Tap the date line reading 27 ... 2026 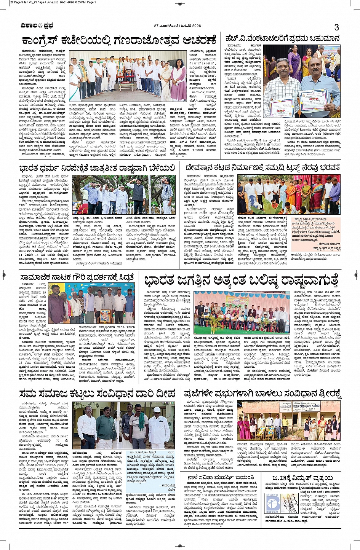tap(177, 26)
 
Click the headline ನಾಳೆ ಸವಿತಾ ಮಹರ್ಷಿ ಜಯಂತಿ tap(221, 478)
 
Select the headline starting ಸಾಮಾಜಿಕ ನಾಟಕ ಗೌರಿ tap(77, 277)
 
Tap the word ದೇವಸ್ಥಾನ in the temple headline tap(202, 167)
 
